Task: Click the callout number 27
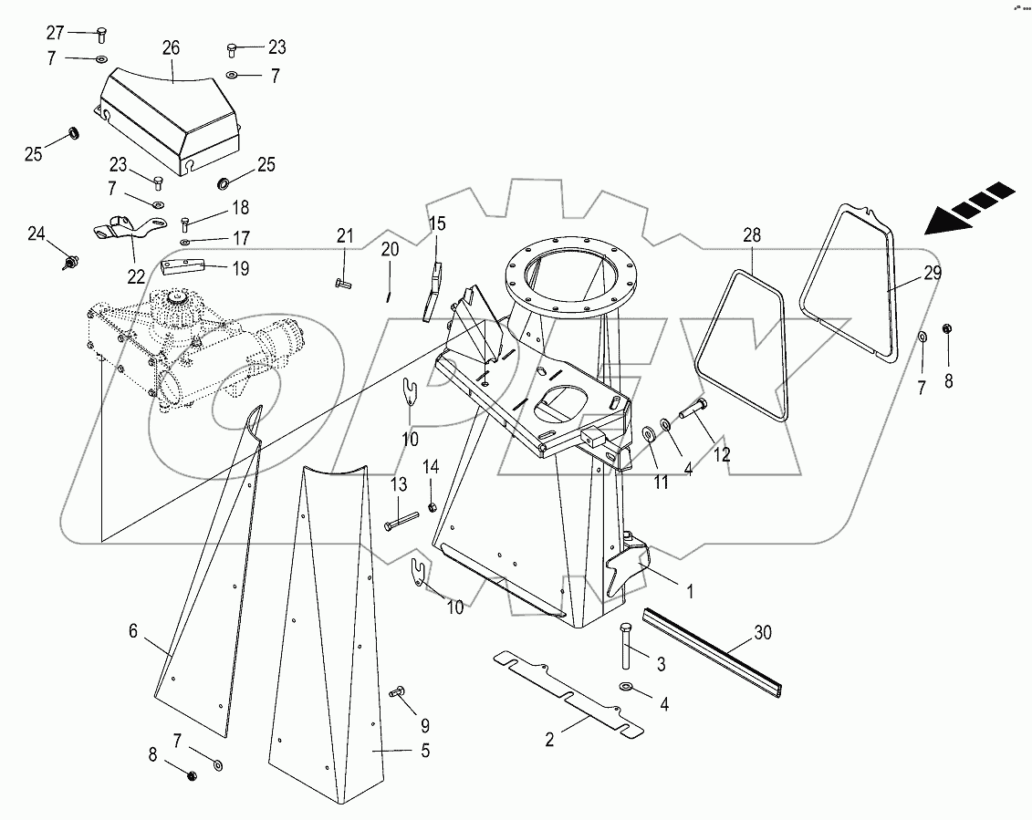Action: pyautogui.click(x=56, y=33)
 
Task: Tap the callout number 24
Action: pyautogui.click(x=36, y=234)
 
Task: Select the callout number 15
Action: pyautogui.click(x=438, y=223)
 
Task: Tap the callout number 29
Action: pyautogui.click(x=932, y=273)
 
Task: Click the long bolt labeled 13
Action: pyautogui.click(x=401, y=524)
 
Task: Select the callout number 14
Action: pyautogui.click(x=432, y=467)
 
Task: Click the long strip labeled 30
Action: pyautogui.click(x=712, y=652)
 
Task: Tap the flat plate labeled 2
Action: pyautogui.click(x=566, y=689)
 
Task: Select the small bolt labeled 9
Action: pyautogui.click(x=398, y=694)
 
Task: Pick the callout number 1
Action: pyautogui.click(x=690, y=591)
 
